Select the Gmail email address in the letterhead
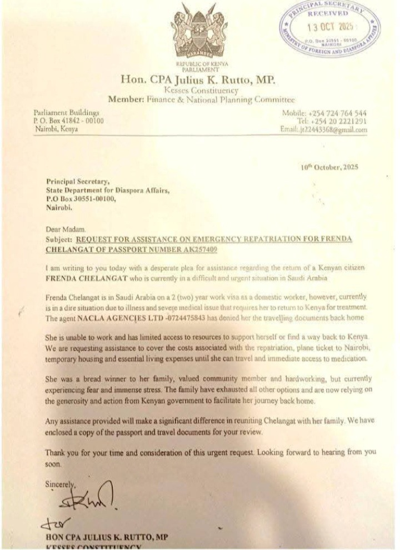[332, 130]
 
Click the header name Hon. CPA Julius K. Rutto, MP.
[200, 80]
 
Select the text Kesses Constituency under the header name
[200, 90]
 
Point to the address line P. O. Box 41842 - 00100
[68, 121]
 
